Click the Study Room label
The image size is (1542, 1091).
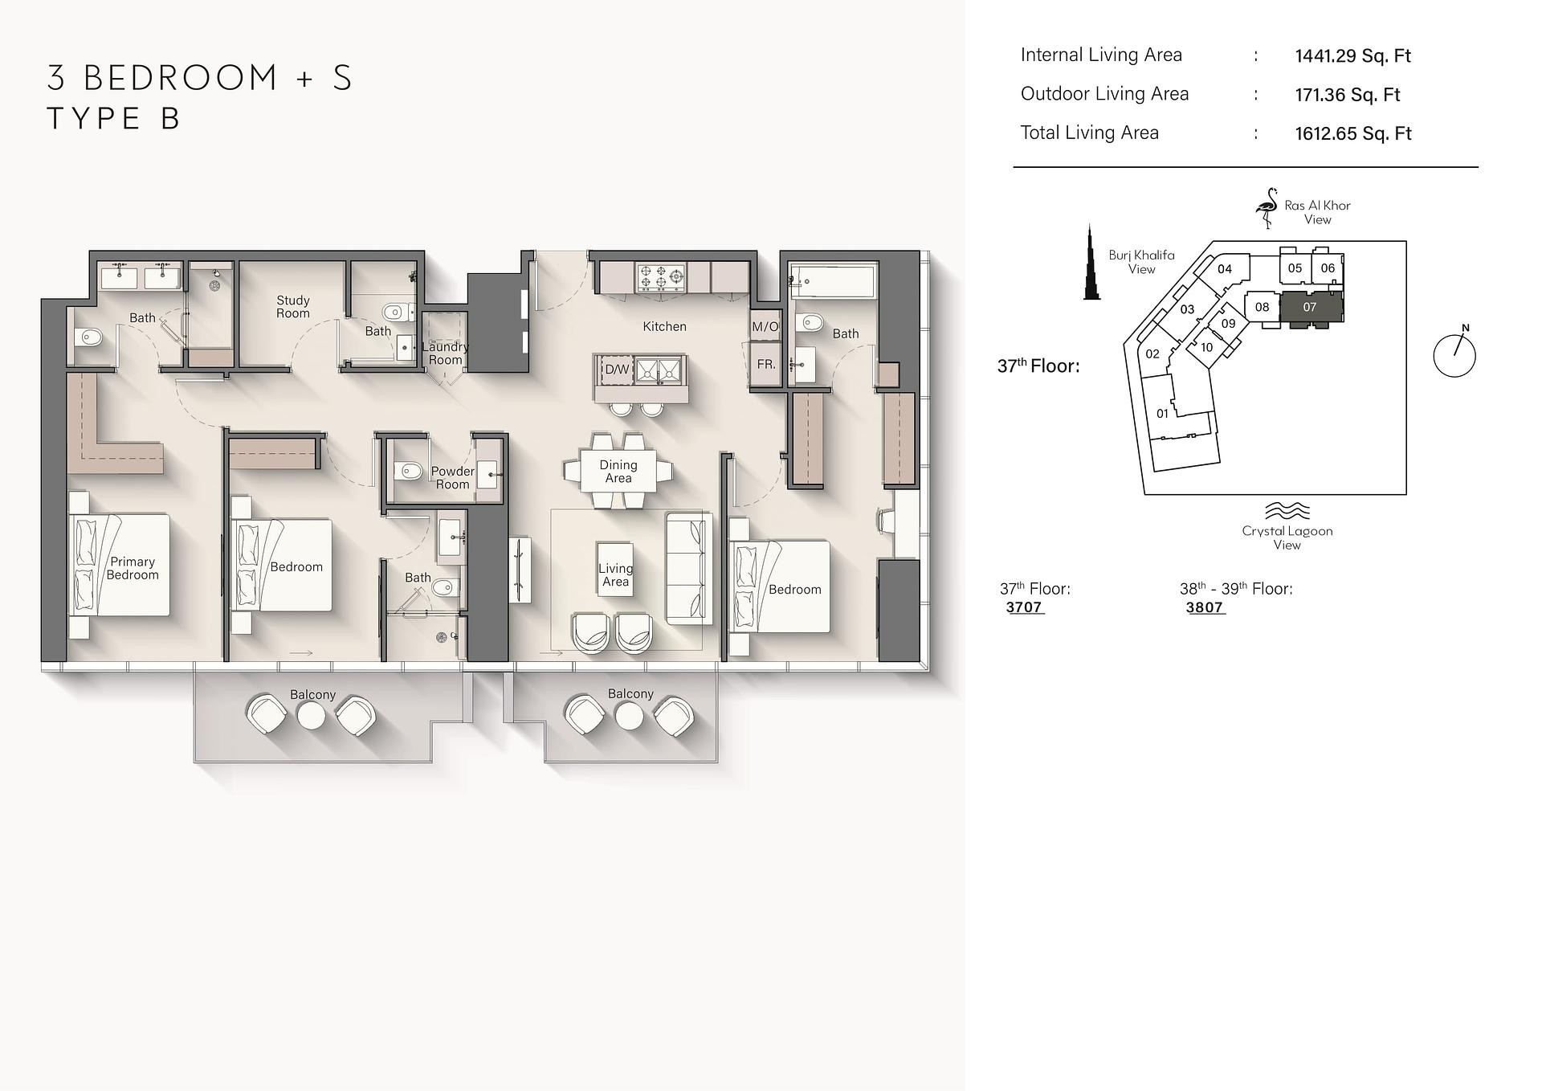(293, 307)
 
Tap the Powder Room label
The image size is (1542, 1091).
(452, 478)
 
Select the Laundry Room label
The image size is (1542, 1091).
(445, 353)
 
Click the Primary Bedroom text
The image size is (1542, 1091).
(133, 568)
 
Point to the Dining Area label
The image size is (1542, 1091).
(618, 472)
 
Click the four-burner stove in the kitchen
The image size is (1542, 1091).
(661, 278)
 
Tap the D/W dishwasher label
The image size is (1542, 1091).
(617, 370)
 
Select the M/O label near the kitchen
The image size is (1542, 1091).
(765, 327)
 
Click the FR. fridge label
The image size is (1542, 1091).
(766, 364)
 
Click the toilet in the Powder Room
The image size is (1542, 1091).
(408, 472)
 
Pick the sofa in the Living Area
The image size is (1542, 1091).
(689, 569)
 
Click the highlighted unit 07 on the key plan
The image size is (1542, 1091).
(1311, 309)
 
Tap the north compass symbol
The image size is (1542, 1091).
(1454, 354)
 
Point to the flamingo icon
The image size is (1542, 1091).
(1267, 208)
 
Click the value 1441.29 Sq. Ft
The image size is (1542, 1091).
(1353, 56)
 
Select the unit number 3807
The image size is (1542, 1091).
(1205, 608)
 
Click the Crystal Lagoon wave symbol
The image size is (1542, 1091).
(1287, 511)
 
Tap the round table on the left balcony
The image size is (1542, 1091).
(312, 716)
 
